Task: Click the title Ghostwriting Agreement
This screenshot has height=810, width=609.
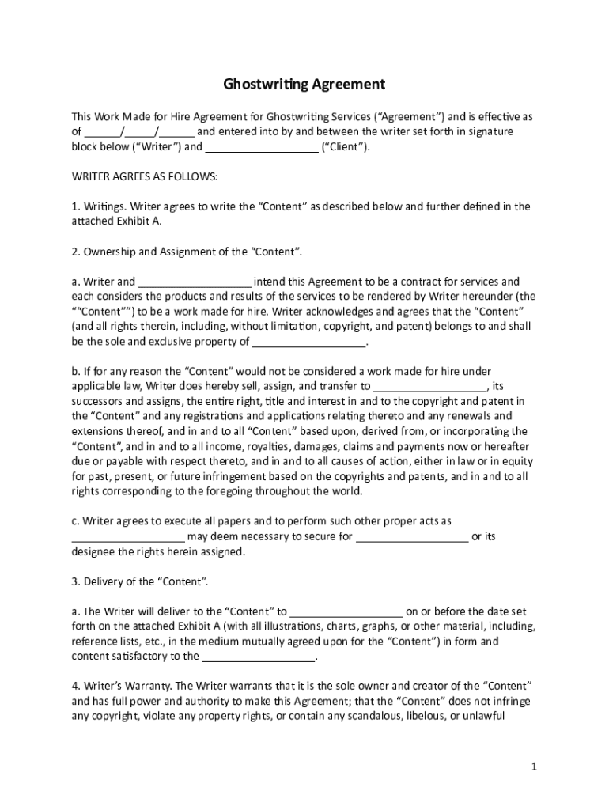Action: [x=304, y=84]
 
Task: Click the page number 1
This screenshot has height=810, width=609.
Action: [x=534, y=766]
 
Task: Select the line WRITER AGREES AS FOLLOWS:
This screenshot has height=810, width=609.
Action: [x=145, y=176]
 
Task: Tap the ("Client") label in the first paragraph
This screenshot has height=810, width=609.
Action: [x=345, y=147]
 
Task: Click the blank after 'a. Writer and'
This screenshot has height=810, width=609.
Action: [x=195, y=282]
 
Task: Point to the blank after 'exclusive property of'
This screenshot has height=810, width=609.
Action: [x=308, y=343]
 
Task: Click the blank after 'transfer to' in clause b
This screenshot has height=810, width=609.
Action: [x=430, y=388]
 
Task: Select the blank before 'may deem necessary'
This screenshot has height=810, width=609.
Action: [x=128, y=537]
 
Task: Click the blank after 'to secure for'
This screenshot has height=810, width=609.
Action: [x=411, y=537]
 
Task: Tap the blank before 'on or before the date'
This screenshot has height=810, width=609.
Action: [x=346, y=612]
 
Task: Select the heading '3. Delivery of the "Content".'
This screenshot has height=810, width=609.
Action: [x=141, y=582]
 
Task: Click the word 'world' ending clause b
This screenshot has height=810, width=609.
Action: [x=346, y=491]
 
